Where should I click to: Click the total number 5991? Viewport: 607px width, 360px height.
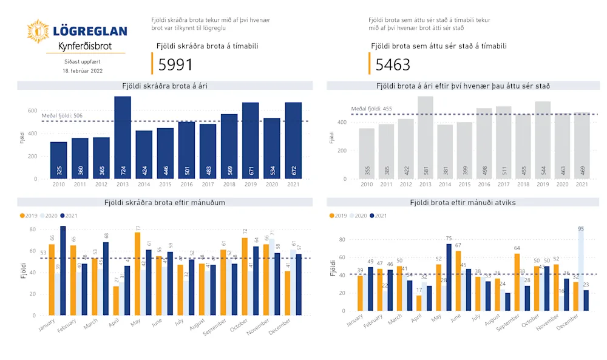click(175, 65)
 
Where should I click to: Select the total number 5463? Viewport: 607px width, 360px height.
click(393, 65)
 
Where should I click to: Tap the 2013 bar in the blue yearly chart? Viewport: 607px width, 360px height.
click(123, 138)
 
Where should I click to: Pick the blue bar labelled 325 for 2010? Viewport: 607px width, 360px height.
click(59, 160)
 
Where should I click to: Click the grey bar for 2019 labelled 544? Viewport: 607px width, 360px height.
click(543, 140)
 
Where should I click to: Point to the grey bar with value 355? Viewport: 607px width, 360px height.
click(367, 154)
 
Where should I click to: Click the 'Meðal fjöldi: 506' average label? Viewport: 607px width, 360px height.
click(62, 115)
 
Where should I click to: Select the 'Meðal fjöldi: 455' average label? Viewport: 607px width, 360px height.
click(371, 109)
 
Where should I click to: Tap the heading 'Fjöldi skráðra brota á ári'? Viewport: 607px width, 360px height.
click(164, 86)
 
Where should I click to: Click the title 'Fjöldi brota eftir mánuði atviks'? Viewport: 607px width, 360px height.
click(463, 202)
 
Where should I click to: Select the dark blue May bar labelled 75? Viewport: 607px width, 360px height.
click(449, 277)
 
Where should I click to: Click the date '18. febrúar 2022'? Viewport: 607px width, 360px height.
click(83, 70)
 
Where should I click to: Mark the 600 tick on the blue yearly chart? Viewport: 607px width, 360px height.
click(32, 110)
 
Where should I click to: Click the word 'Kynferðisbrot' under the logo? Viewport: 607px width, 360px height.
click(84, 46)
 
